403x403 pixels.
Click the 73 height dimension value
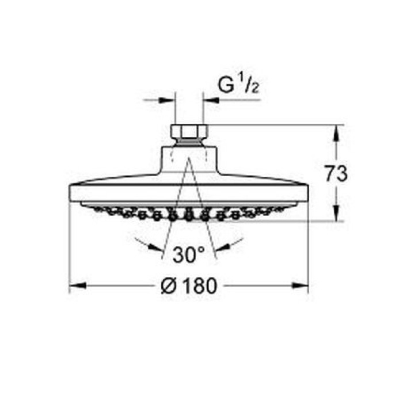click(336, 173)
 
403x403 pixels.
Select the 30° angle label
click(189, 254)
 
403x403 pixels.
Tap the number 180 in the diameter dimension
click(200, 286)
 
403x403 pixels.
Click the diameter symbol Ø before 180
click(170, 286)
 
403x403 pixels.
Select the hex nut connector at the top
click(189, 134)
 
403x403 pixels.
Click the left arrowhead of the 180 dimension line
click(77, 286)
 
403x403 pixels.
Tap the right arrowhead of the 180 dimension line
click(300, 286)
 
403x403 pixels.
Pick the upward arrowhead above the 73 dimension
click(336, 133)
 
